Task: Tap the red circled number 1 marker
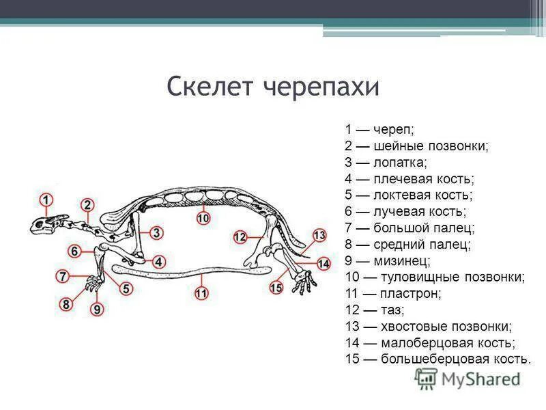pyautogui.click(x=45, y=200)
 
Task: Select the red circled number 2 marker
pyautogui.click(x=87, y=205)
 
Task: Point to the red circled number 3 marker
pyautogui.click(x=156, y=233)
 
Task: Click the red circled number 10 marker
pyautogui.click(x=203, y=218)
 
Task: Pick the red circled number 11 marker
pyautogui.click(x=201, y=293)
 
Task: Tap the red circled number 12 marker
pyautogui.click(x=240, y=236)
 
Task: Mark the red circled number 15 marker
pyautogui.click(x=276, y=288)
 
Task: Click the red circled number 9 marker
pyautogui.click(x=97, y=310)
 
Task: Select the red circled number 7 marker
pyautogui.click(x=62, y=277)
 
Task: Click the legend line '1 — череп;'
pyautogui.click(x=379, y=130)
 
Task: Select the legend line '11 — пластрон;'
pyautogui.click(x=393, y=293)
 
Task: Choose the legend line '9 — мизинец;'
pyautogui.click(x=388, y=260)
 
